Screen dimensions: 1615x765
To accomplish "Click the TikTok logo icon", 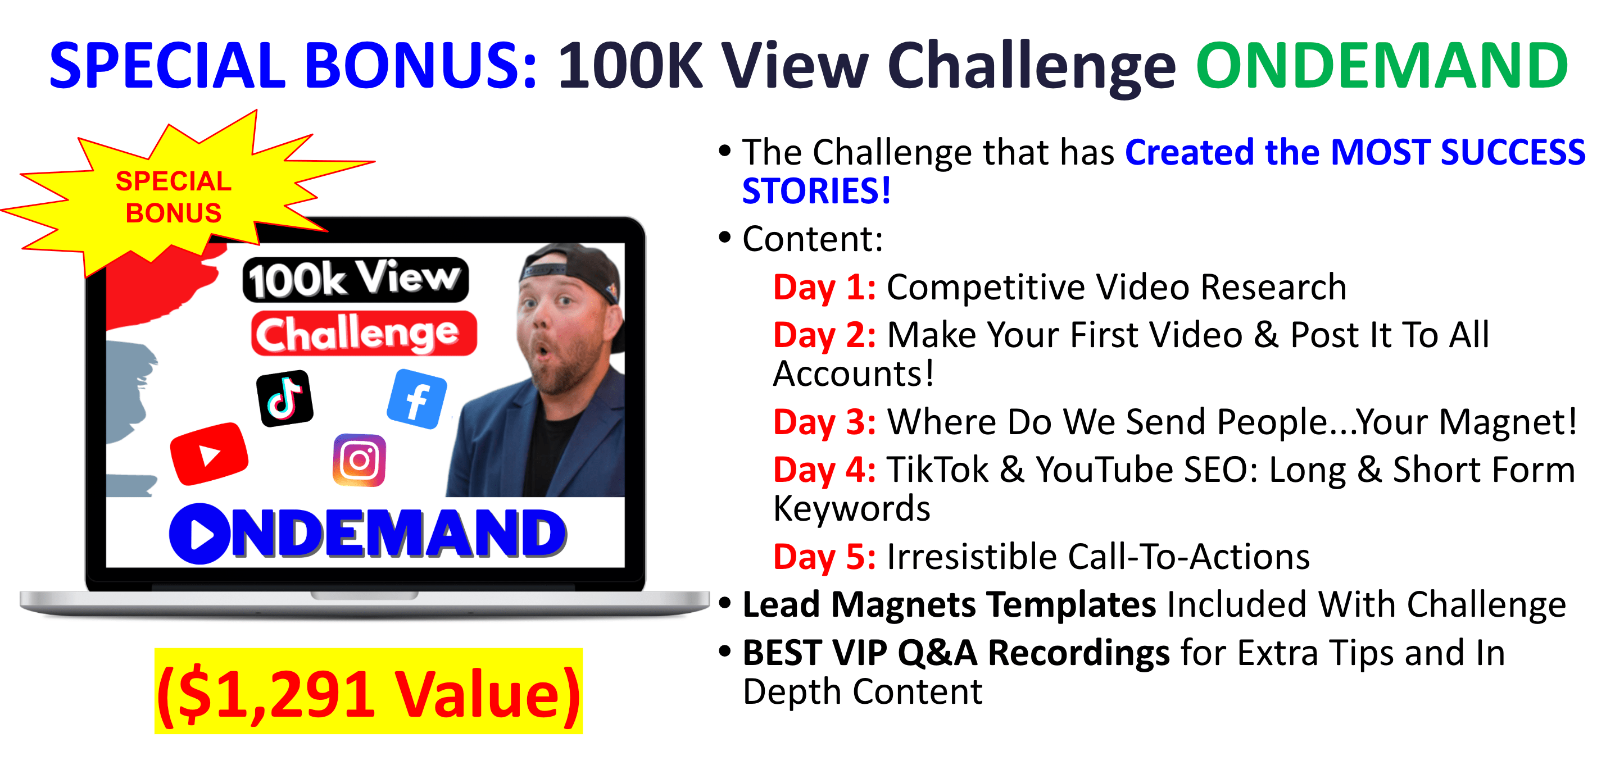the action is tap(285, 398).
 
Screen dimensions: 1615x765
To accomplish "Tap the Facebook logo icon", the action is tap(417, 399).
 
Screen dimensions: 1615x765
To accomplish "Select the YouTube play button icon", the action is tap(210, 454).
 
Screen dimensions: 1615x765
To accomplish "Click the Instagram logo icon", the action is tap(359, 461).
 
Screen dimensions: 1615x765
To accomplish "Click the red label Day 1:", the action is tap(824, 287).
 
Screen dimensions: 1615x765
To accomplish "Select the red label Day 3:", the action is tap(824, 422).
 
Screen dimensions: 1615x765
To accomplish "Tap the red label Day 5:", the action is tap(824, 557).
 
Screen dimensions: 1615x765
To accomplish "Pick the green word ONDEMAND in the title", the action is tap(1382, 65).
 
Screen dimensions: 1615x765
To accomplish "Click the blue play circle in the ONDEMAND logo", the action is tap(199, 534).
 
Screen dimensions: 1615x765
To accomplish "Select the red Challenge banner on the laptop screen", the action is tap(364, 333).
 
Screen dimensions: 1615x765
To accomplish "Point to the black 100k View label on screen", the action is tap(356, 280).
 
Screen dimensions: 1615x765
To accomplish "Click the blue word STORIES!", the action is tap(816, 190).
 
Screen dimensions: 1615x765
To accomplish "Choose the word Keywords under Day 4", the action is tap(851, 509).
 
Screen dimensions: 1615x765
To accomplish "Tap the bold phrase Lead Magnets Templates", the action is tap(949, 605).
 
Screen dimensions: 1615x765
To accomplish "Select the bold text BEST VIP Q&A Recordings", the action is tap(956, 653).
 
